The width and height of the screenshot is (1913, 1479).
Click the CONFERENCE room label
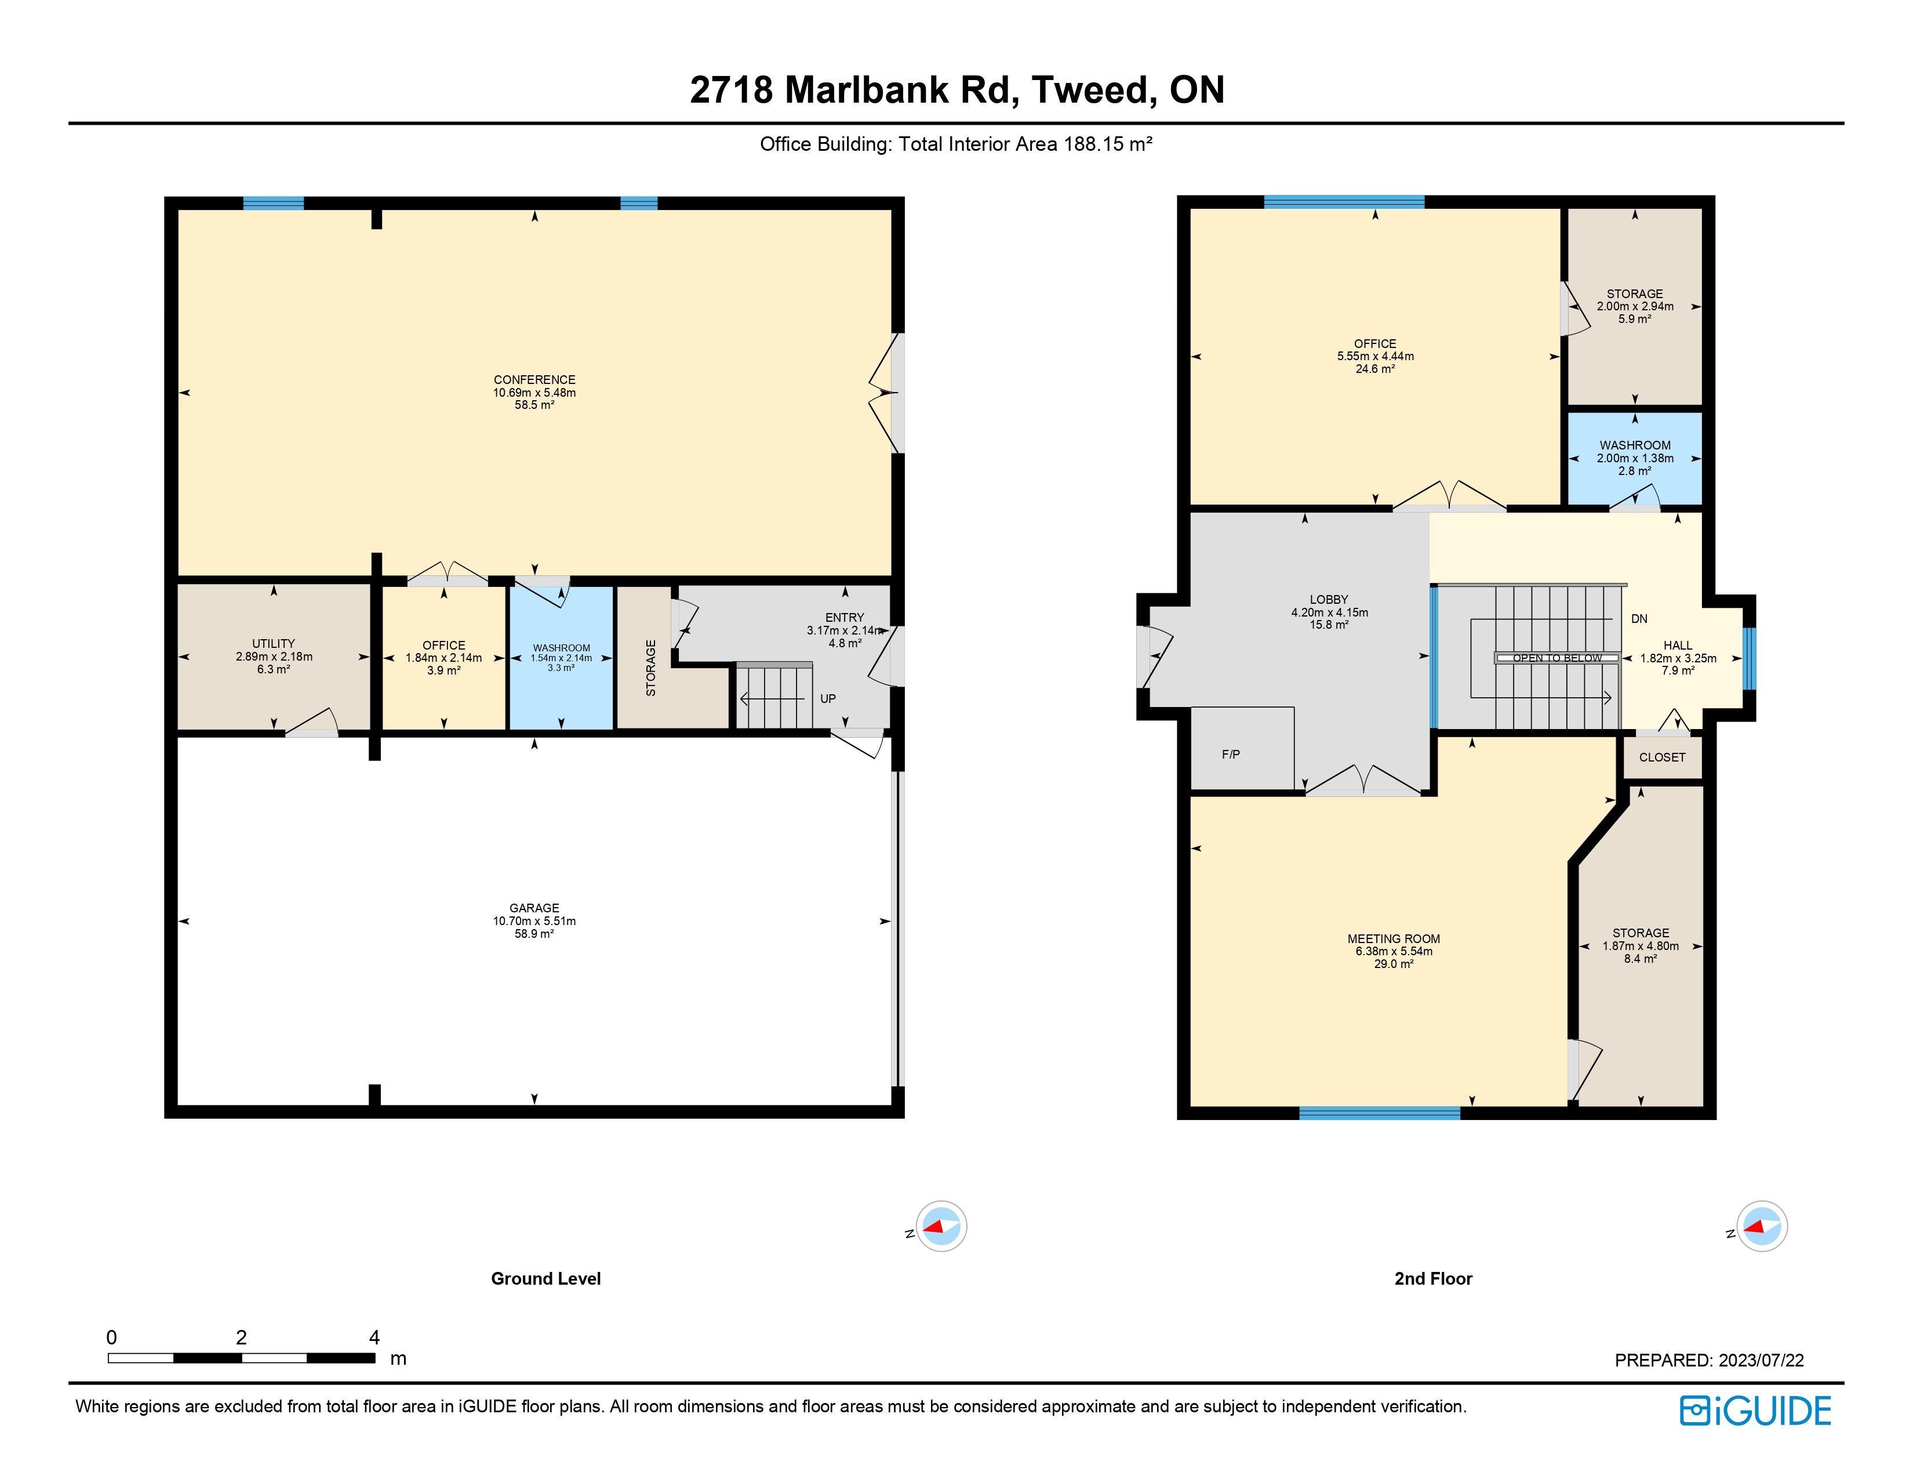[534, 379]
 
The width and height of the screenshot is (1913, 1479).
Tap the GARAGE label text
[534, 908]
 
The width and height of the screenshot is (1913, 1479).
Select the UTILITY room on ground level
[273, 656]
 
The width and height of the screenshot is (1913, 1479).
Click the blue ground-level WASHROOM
[561, 657]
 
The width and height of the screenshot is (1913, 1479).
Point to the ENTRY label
[845, 618]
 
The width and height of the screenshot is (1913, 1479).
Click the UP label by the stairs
[828, 698]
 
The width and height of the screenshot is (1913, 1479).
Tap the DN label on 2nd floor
[1639, 619]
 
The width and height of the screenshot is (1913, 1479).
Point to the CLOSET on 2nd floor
[1661, 757]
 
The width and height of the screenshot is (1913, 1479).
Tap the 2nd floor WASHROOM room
[1635, 458]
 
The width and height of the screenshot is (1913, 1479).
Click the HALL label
[1678, 646]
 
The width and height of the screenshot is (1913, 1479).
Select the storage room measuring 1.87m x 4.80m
[1641, 947]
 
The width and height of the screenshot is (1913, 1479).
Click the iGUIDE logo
[1755, 1411]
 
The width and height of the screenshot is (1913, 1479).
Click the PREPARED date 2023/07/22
[1761, 1361]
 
